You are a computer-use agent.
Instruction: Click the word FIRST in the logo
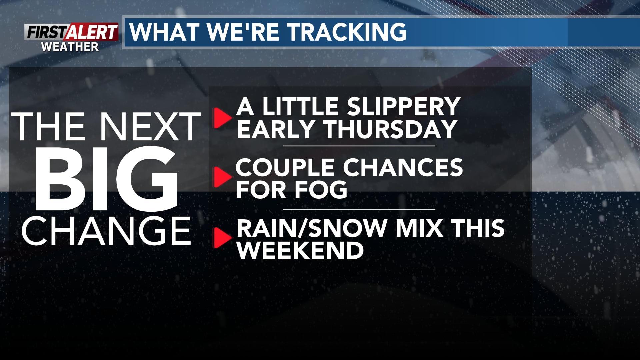tap(46, 33)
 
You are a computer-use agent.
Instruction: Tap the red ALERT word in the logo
tap(92, 33)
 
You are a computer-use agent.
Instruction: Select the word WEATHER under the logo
tap(70, 47)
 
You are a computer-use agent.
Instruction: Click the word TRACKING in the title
tap(347, 32)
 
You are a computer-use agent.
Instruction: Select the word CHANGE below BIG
tap(106, 231)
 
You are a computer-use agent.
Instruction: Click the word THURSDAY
tap(390, 129)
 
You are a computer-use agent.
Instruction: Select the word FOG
tap(321, 190)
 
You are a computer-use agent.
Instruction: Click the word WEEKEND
tap(300, 250)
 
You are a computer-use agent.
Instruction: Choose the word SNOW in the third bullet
tap(347, 228)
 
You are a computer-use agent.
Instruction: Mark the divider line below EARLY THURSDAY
tap(359, 146)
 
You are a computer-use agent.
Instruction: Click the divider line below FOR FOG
tap(359, 209)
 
